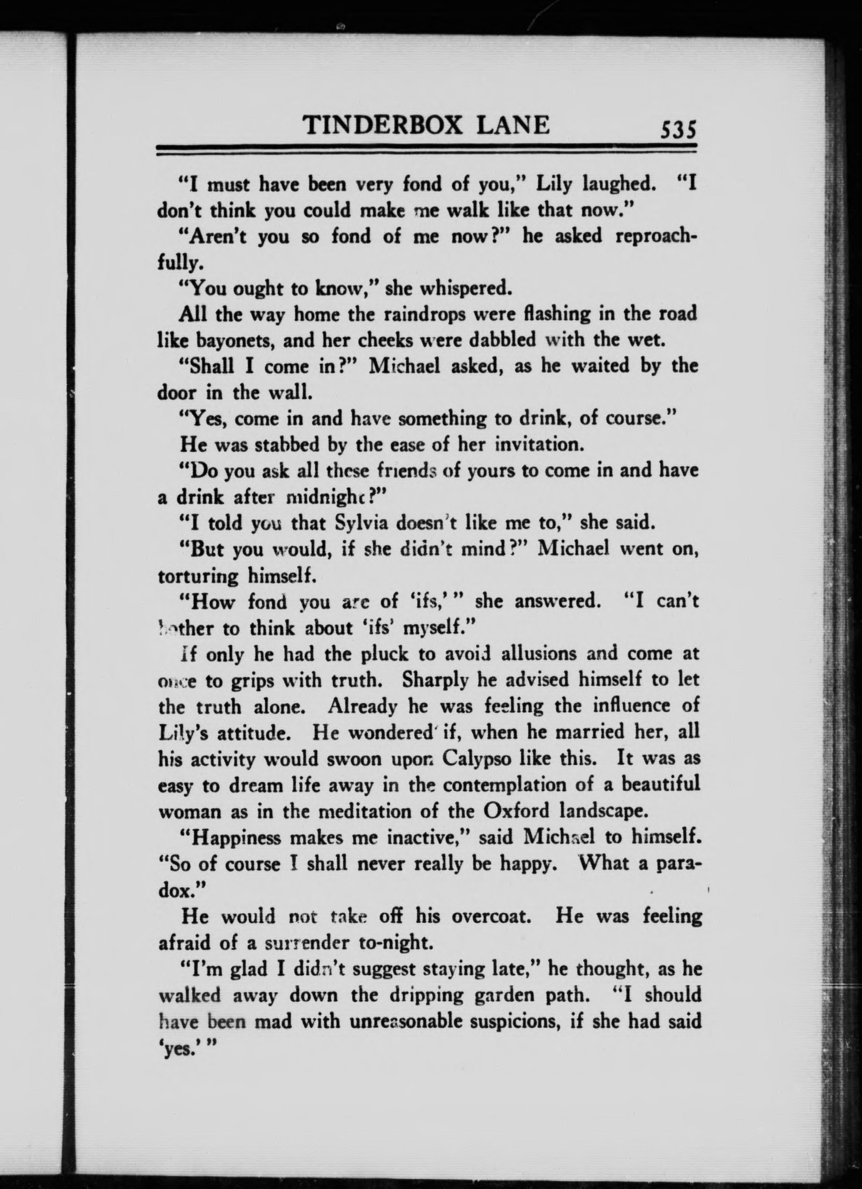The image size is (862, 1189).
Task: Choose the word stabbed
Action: coord(288,445)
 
